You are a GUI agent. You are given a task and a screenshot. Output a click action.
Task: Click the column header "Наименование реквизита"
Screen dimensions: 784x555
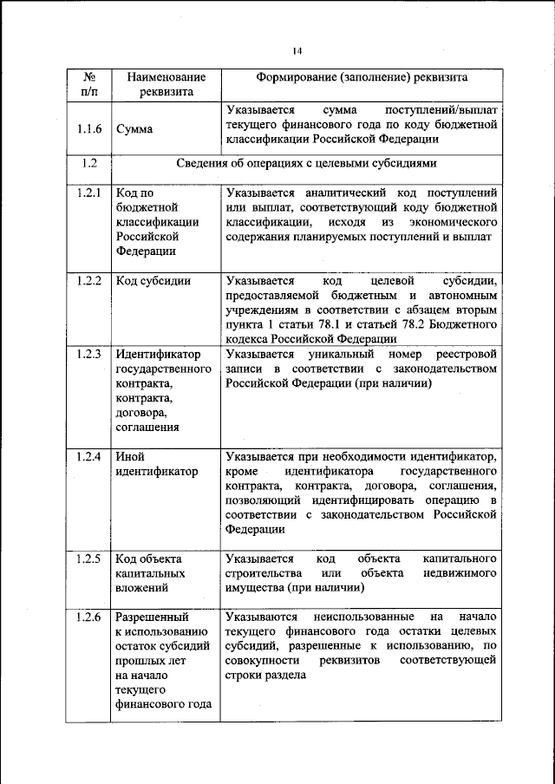pyautogui.click(x=160, y=84)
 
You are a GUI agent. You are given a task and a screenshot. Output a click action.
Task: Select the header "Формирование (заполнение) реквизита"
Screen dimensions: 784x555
pyautogui.click(x=361, y=77)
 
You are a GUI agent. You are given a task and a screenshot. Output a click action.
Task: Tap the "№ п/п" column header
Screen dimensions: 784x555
pyautogui.click(x=89, y=84)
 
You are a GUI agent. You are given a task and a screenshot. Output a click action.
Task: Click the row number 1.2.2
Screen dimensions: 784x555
pyautogui.click(x=89, y=280)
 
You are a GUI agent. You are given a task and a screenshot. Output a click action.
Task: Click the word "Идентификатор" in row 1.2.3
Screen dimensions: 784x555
pyautogui.click(x=157, y=354)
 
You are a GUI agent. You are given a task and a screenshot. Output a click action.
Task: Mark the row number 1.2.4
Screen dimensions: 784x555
pyautogui.click(x=89, y=456)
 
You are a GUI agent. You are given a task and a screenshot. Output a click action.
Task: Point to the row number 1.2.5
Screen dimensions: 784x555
pyautogui.click(x=89, y=559)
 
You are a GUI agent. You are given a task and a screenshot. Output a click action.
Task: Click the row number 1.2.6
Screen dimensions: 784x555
pyautogui.click(x=89, y=617)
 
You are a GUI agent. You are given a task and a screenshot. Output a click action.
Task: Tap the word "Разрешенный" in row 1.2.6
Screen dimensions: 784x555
pyautogui.click(x=152, y=617)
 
